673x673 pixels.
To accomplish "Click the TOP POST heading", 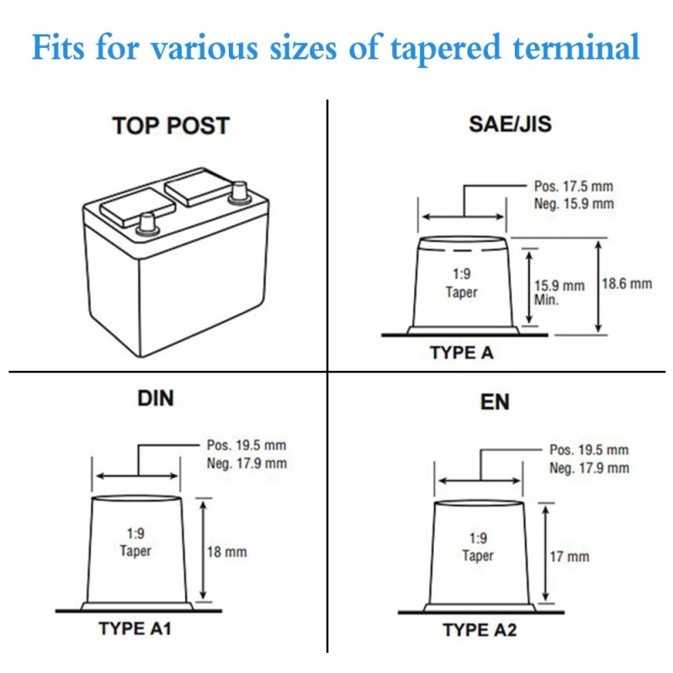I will (171, 126).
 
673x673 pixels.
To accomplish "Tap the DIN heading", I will (156, 398).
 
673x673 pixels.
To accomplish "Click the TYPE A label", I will (461, 353).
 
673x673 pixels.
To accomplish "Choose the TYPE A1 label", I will (137, 628).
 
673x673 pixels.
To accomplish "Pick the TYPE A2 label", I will (479, 630).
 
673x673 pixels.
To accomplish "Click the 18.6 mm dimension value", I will (626, 284).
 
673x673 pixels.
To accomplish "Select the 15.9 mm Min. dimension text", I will (559, 293).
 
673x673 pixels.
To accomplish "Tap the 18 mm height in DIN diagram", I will (226, 552).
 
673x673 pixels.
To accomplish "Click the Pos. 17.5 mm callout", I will (574, 187).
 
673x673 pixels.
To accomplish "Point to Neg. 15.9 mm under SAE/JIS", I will (574, 204).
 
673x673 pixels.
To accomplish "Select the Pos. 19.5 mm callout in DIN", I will (246, 445).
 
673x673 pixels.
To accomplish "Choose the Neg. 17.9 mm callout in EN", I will (589, 468).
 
